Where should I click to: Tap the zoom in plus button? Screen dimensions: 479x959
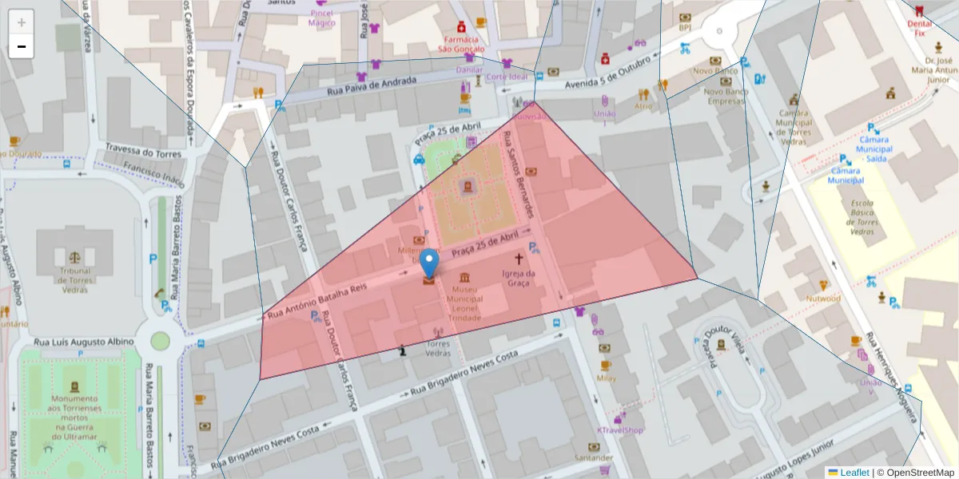[22, 22]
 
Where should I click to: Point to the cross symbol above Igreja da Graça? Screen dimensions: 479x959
[519, 259]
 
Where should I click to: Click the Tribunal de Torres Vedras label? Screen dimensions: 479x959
[75, 275]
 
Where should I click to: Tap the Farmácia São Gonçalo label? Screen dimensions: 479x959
[460, 43]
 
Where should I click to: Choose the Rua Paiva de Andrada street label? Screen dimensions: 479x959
[372, 88]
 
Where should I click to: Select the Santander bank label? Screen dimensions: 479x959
[594, 458]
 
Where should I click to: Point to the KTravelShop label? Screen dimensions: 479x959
[620, 430]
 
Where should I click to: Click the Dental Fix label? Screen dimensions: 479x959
[920, 29]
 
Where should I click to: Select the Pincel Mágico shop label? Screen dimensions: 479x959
[322, 18]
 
